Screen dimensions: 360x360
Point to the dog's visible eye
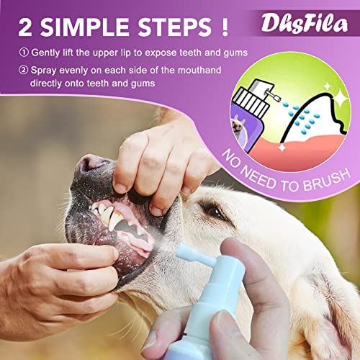click(x=214, y=210)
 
